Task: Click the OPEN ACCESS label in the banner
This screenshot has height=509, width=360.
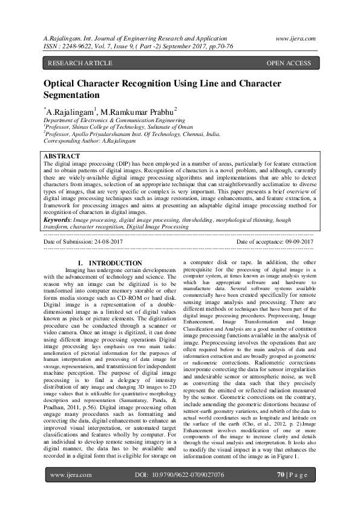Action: point(289,63)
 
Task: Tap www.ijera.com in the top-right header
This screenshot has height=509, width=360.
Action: point(293,37)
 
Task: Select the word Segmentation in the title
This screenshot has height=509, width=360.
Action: point(71,95)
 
